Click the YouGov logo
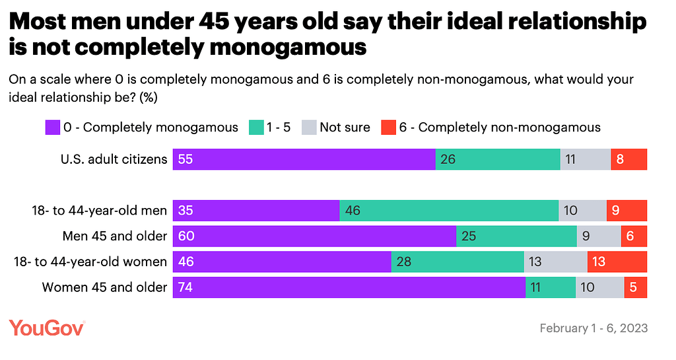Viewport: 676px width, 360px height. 47,328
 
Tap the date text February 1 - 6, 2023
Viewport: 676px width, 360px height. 593,328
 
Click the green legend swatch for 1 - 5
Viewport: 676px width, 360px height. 256,127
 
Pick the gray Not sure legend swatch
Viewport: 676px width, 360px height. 308,127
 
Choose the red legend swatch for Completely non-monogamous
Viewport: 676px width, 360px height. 388,127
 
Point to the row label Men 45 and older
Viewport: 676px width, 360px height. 114,236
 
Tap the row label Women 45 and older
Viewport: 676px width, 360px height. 104,287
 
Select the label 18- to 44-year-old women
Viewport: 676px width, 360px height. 90,262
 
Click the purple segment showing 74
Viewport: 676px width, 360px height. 349,287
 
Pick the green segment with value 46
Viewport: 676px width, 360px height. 449,210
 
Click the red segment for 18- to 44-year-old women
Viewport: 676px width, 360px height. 617,262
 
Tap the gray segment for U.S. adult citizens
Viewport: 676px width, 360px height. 586,159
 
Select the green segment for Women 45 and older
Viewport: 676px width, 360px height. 551,287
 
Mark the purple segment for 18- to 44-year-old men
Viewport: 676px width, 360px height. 256,210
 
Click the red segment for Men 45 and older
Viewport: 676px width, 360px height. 634,236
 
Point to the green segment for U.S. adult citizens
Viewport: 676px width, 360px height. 498,159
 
